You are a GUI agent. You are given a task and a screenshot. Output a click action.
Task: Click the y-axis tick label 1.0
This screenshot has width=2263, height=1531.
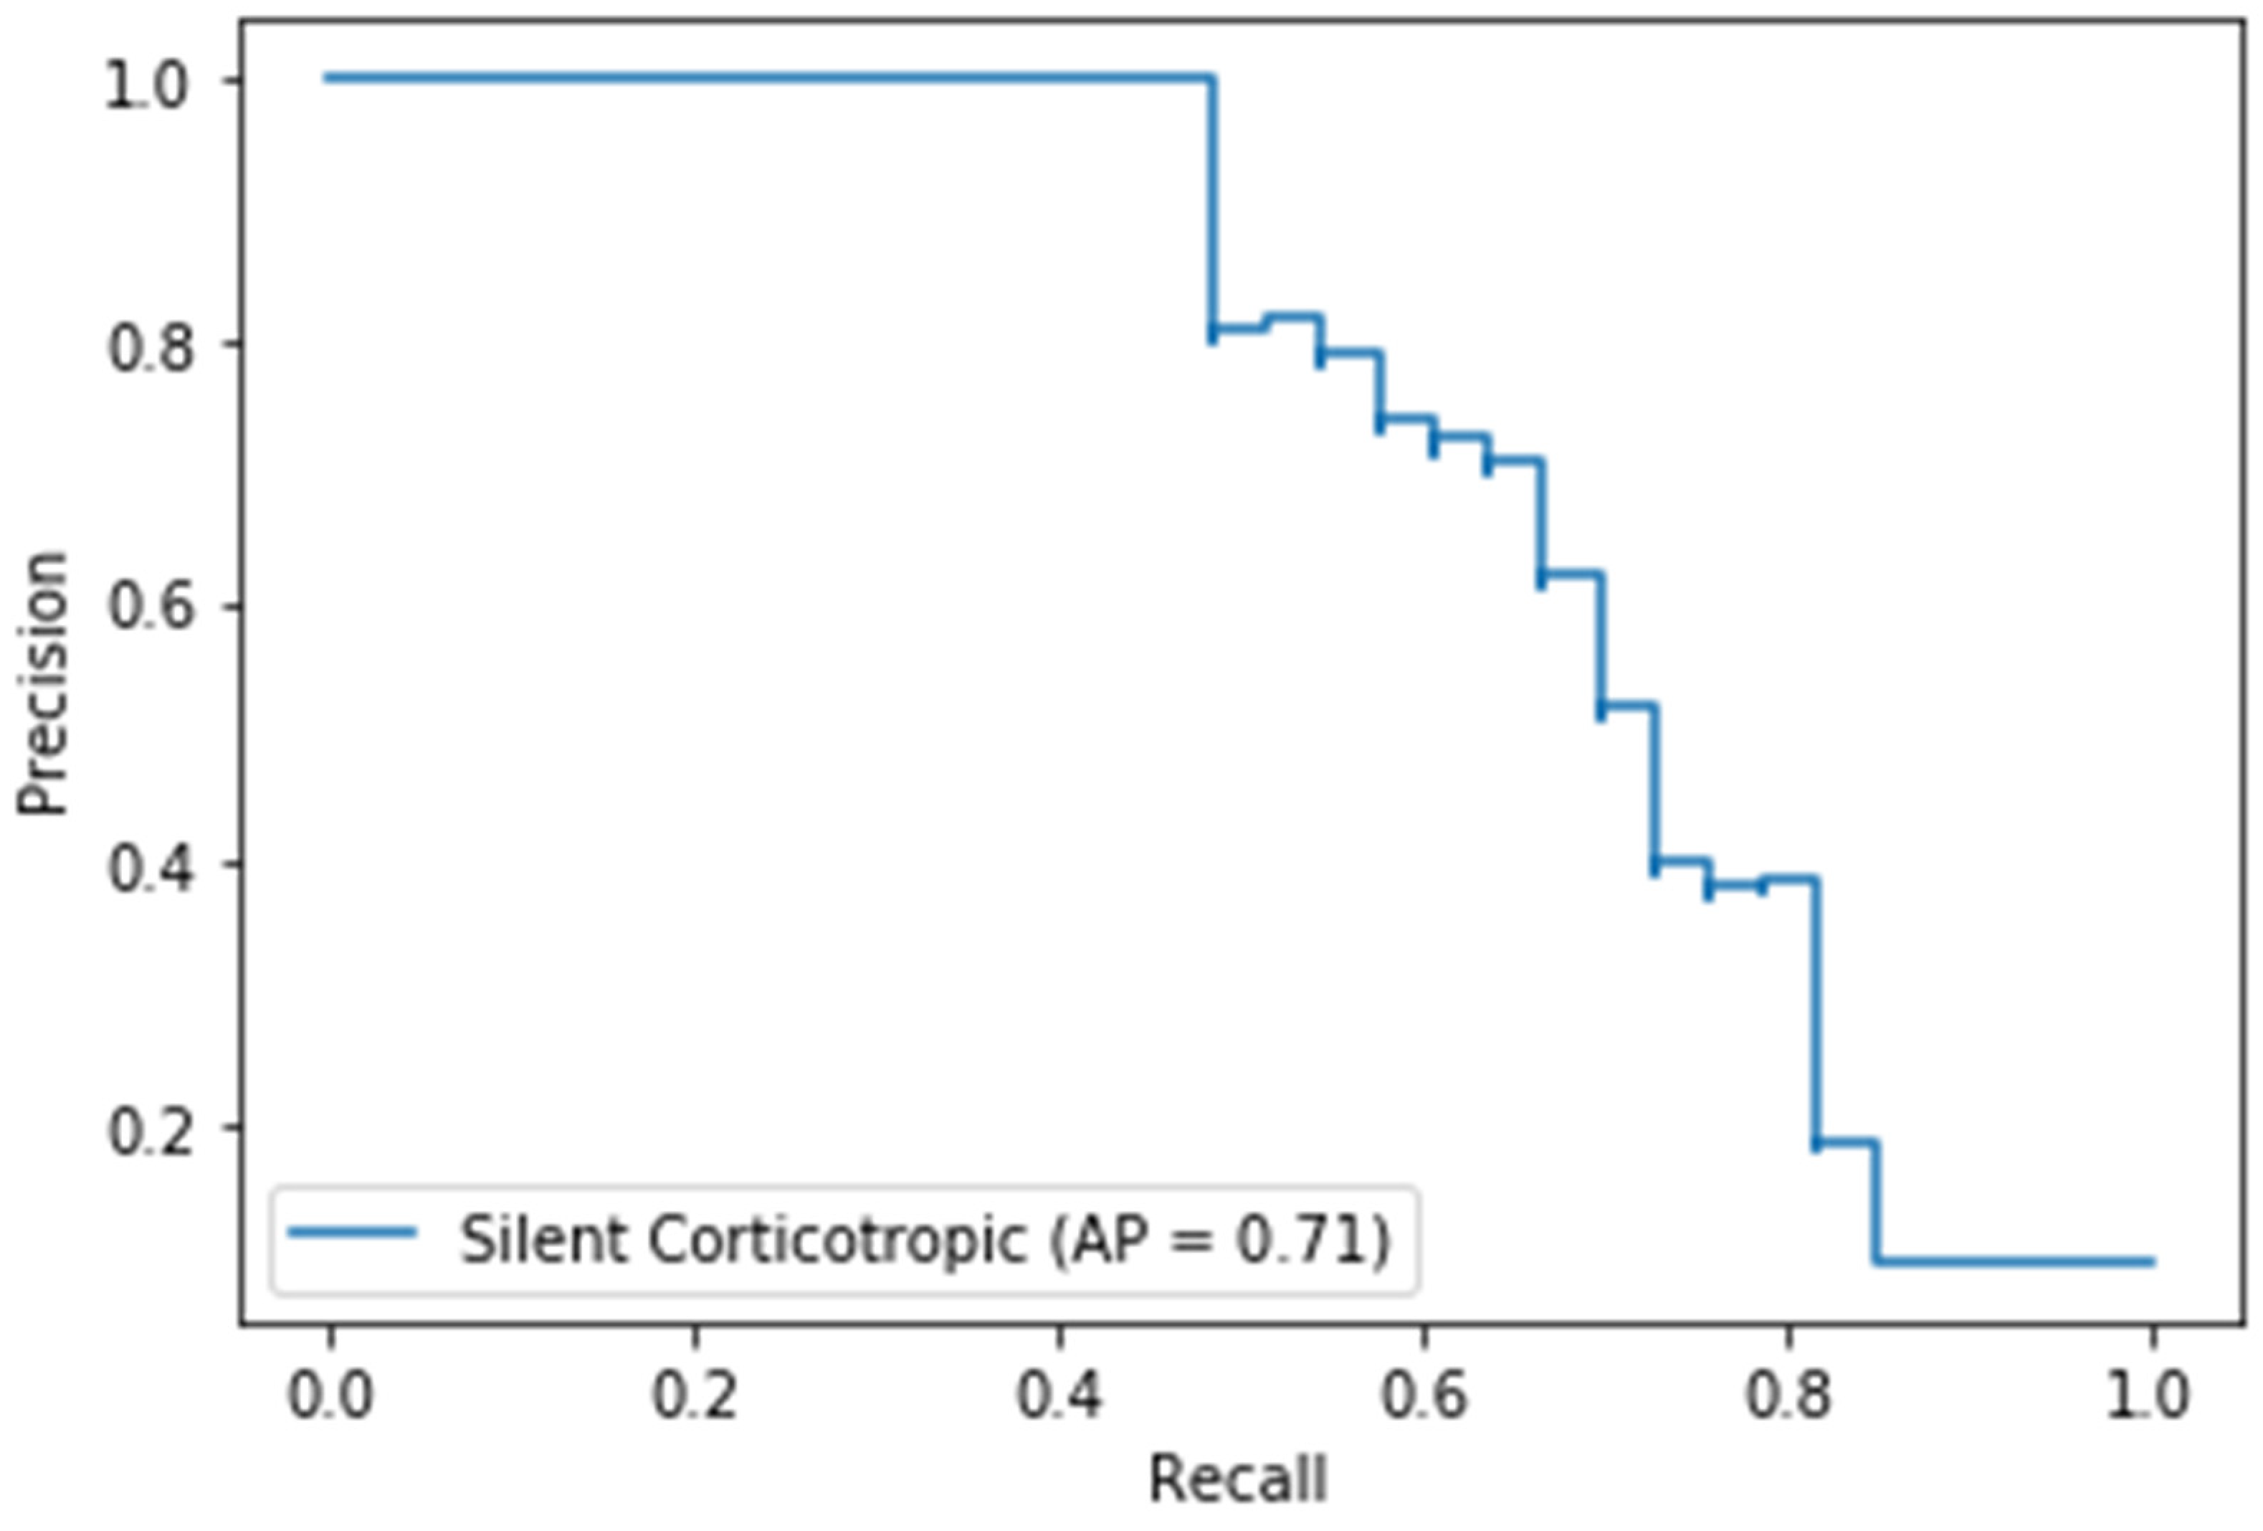[x=146, y=87]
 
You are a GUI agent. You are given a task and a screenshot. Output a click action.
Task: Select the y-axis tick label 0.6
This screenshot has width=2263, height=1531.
[x=148, y=607]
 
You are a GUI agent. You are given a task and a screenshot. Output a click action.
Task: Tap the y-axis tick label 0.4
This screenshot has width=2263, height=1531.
[x=148, y=868]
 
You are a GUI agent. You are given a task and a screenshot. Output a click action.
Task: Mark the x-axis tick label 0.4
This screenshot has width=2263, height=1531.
[x=1059, y=1395]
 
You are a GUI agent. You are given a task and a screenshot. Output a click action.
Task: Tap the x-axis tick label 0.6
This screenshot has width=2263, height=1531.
[x=1424, y=1395]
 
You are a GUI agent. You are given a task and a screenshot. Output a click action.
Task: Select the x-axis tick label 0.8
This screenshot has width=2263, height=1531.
[x=1788, y=1395]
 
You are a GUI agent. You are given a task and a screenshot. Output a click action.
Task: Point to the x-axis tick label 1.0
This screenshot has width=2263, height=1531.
[x=2150, y=1395]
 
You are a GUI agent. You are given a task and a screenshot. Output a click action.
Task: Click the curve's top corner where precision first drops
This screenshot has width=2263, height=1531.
[x=1212, y=78]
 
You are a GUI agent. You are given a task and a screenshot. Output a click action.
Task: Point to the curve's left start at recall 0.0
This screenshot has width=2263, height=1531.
[x=329, y=78]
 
